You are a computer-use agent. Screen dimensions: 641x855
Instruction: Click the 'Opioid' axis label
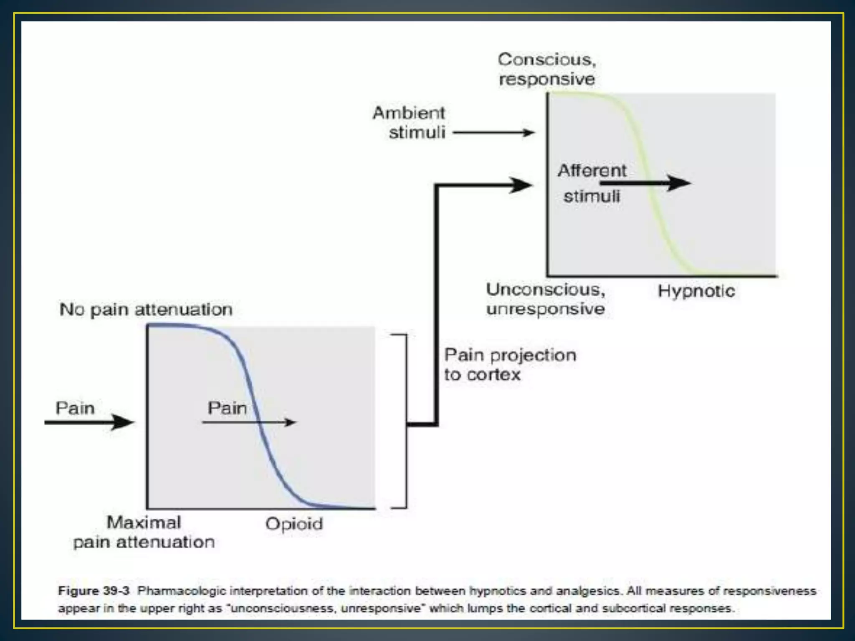click(294, 524)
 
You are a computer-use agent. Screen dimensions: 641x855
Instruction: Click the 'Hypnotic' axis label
click(696, 291)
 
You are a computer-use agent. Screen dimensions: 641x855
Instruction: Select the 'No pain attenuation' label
click(146, 310)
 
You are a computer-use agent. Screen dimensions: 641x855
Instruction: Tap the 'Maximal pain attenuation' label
click(144, 532)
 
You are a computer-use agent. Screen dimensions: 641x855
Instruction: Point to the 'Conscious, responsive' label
click(546, 69)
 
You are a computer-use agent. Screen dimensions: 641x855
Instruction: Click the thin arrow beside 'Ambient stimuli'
click(493, 133)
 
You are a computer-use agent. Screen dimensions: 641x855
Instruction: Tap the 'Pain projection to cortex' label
click(510, 365)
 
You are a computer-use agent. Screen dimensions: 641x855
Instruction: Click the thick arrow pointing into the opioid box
click(90, 422)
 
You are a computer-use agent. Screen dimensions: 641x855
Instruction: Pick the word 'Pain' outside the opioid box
click(75, 408)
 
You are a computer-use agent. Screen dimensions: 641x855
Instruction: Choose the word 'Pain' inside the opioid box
click(227, 408)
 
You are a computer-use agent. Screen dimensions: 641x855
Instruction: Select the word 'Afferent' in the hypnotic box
click(592, 171)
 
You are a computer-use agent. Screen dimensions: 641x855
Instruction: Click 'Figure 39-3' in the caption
click(94, 591)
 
